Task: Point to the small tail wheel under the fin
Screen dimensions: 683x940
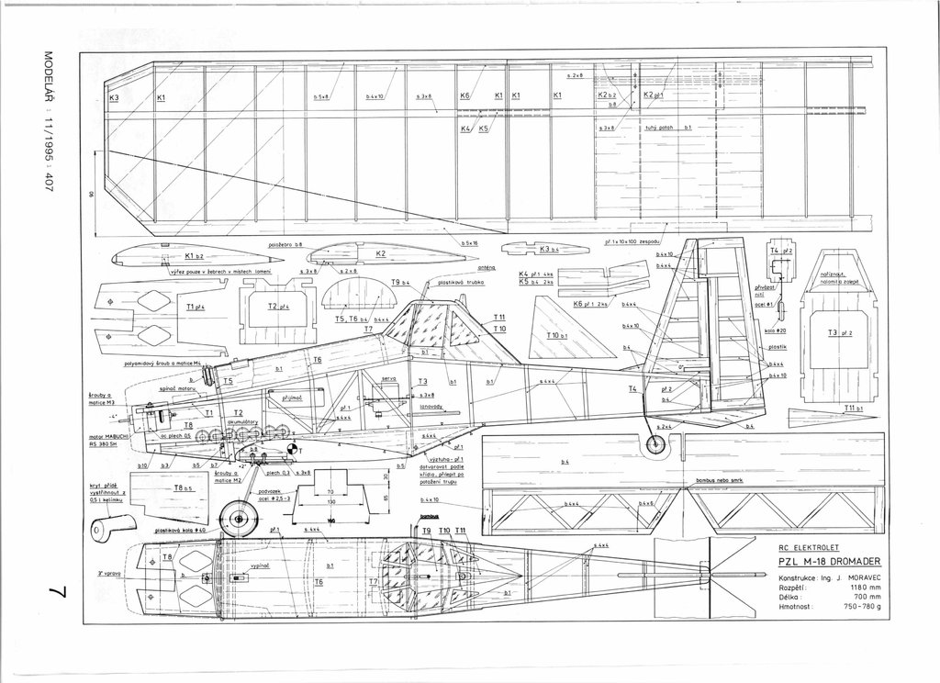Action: pyautogui.click(x=655, y=444)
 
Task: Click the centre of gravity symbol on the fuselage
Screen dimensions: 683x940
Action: pyautogui.click(x=293, y=450)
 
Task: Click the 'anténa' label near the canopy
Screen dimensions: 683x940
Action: pyautogui.click(x=461, y=268)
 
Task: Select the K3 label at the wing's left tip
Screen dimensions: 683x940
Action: pyautogui.click(x=116, y=97)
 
